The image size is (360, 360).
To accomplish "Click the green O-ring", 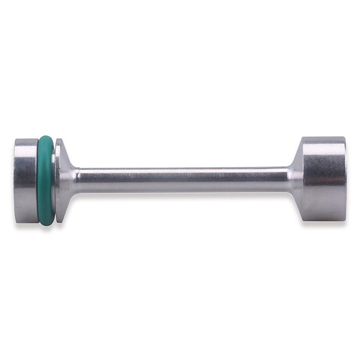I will pos(45,180).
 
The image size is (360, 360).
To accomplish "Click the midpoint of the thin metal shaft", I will pos(182,180).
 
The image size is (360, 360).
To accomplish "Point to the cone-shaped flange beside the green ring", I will pos(63,180).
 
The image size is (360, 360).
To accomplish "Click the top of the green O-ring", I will pos(45,137).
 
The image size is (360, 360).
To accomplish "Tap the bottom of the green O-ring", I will pos(46,224).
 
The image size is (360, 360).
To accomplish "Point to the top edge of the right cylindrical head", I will pos(323,138).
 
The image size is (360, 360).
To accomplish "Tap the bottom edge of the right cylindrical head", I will pos(323,220).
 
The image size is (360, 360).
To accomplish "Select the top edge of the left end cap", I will pos(26,139).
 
